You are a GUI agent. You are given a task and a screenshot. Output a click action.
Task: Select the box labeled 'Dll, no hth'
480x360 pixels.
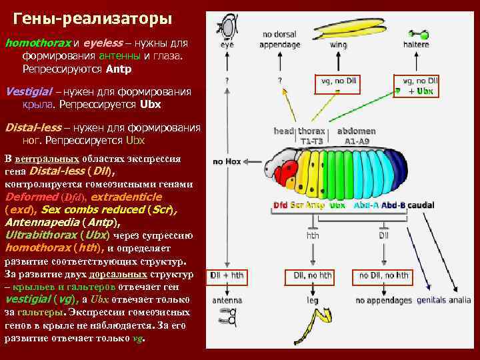tap(312, 275)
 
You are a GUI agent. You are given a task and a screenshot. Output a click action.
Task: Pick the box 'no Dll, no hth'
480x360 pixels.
tap(384, 275)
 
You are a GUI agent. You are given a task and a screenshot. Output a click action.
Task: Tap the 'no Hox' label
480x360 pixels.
tap(227, 162)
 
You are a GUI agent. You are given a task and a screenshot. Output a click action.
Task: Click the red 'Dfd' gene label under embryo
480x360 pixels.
tap(281, 205)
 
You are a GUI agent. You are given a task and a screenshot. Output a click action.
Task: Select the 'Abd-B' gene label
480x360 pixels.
tap(393, 205)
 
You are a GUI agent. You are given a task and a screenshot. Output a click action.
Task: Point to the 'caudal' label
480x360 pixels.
tap(421, 205)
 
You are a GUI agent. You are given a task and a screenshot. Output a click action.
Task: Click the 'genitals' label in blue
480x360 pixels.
tap(431, 301)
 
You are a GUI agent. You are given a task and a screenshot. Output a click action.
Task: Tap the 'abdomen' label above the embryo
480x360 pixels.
tap(357, 131)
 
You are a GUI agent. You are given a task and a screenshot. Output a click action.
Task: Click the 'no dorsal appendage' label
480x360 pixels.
tap(280, 39)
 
